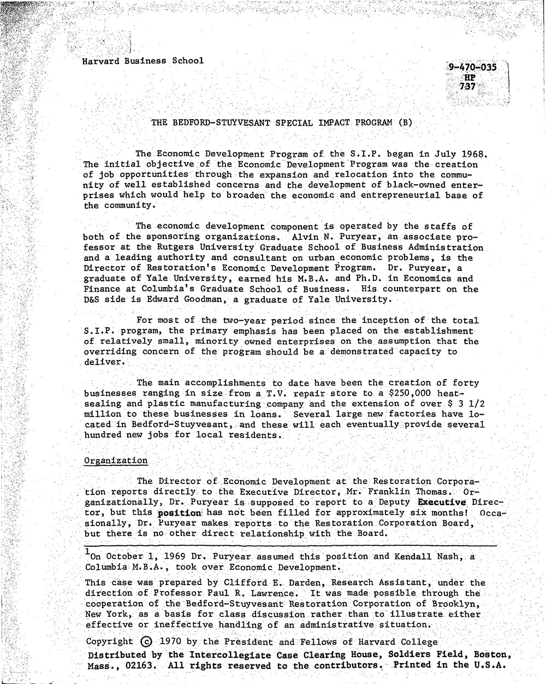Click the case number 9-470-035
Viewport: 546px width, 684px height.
pyautogui.click(x=472, y=68)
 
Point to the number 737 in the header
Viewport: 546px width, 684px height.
pyautogui.click(x=468, y=87)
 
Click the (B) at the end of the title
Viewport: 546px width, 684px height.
pyautogui.click(x=405, y=122)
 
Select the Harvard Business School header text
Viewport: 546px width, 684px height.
pyautogui.click(x=143, y=61)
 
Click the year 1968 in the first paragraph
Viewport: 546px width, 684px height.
pyautogui.click(x=469, y=154)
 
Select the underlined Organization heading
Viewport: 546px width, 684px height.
pyautogui.click(x=116, y=461)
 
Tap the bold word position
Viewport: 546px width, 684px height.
pyautogui.click(x=179, y=513)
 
